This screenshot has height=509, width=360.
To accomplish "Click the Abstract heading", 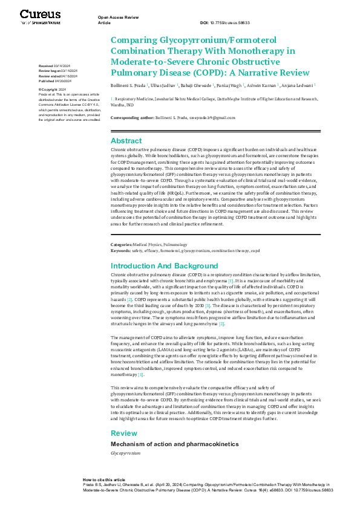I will click(126, 140).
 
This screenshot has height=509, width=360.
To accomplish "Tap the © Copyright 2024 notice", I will click(52, 89).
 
